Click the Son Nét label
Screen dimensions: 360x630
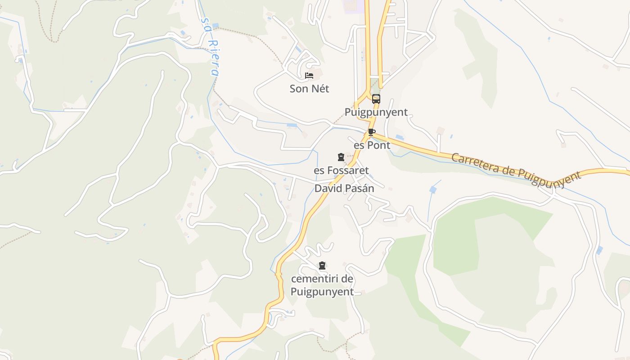tap(309, 89)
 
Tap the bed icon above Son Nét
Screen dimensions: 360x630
tap(309, 75)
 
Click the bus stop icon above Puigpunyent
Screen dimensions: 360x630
tap(376, 99)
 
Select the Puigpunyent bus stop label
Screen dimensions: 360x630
tap(376, 112)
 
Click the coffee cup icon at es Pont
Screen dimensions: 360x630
tap(371, 132)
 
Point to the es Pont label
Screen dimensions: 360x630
tap(372, 145)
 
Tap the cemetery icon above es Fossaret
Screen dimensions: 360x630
tap(341, 157)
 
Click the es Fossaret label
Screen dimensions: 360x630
tap(341, 171)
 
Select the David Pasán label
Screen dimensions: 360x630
tap(344, 189)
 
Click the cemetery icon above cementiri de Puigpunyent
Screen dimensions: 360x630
tap(322, 265)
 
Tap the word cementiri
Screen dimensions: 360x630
tap(311, 279)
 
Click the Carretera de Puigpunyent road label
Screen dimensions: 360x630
tap(516, 170)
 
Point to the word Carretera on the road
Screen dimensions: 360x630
tap(475, 164)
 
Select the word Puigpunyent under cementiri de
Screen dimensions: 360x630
tap(322, 292)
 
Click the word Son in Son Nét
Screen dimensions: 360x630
tap(298, 89)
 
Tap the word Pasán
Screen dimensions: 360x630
tap(359, 189)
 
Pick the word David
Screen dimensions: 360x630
tap(328, 189)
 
